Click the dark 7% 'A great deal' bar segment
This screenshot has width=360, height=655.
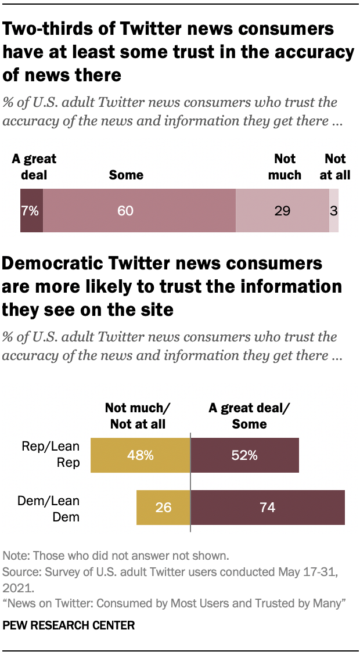[x=31, y=211]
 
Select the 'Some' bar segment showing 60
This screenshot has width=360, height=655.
[x=139, y=211]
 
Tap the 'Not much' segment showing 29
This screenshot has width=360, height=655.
[x=282, y=211]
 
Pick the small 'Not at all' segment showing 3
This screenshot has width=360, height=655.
[x=334, y=211]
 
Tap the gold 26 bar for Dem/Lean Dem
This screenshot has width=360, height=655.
[x=163, y=508]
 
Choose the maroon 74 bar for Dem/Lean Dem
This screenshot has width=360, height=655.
[x=268, y=508]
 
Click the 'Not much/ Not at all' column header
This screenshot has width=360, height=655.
[x=138, y=416]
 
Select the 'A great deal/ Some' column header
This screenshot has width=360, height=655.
[x=249, y=416]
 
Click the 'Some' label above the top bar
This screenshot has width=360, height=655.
[x=126, y=175]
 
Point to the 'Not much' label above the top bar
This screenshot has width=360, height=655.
[x=285, y=167]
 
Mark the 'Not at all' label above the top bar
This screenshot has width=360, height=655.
[x=335, y=167]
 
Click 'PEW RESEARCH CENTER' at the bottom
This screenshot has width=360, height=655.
[x=69, y=625]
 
